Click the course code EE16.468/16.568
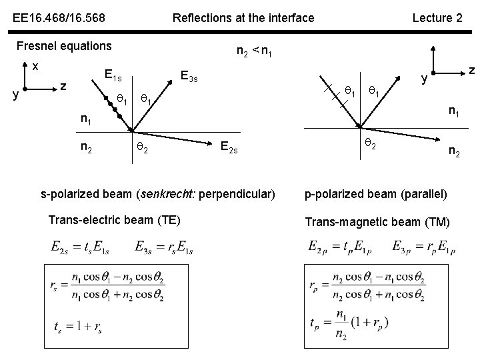[x=57, y=18]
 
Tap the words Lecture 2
[x=437, y=18]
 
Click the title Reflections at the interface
[x=243, y=18]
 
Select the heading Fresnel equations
[x=64, y=46]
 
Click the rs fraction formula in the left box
[x=107, y=287]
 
